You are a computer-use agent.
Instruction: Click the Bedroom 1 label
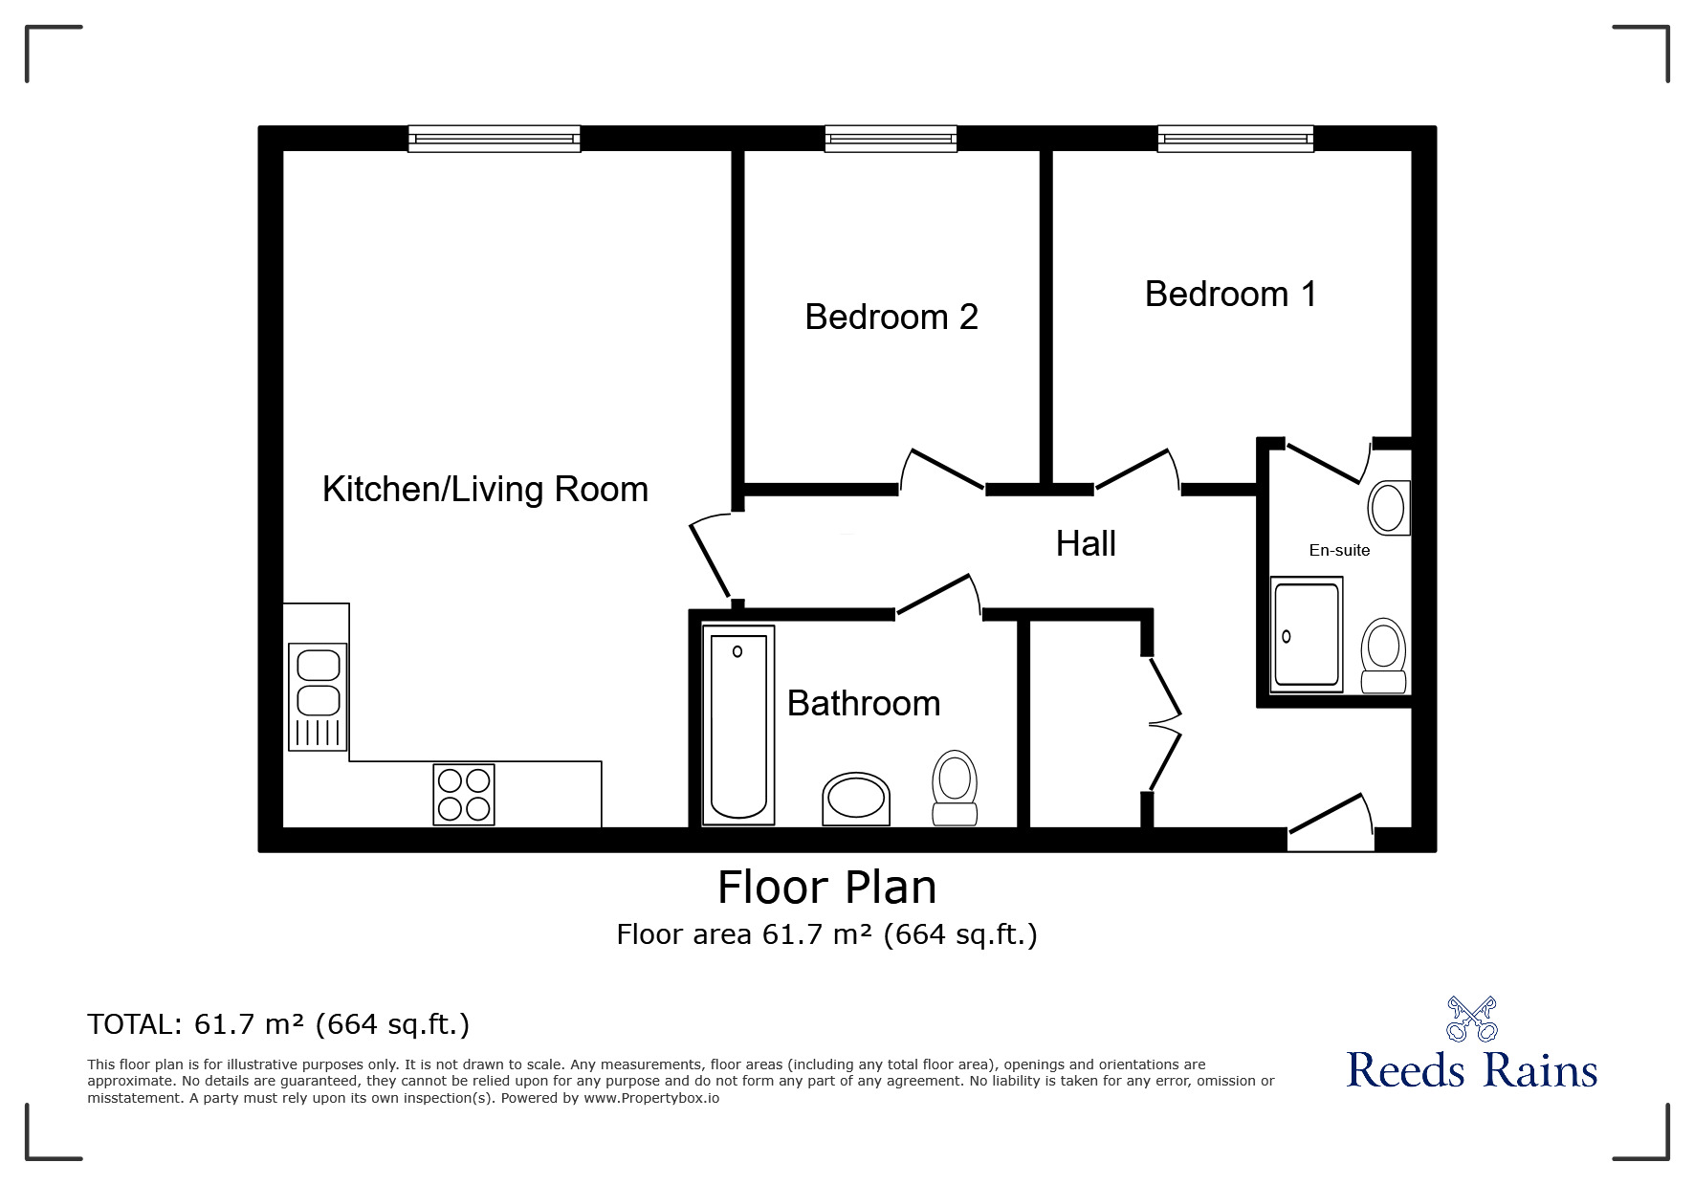coord(1230,294)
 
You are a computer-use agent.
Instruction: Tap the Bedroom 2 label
coord(891,317)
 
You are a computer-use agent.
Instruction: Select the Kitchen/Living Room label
coord(485,489)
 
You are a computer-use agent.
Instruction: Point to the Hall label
coord(1086,543)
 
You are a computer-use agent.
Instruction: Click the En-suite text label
coord(1339,550)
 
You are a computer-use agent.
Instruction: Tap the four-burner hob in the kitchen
coord(464,794)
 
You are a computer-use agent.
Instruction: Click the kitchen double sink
coord(318,696)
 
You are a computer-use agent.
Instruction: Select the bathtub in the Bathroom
coord(738,725)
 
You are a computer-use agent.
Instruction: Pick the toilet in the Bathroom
coord(955,787)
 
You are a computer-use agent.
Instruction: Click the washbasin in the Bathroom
coord(856,799)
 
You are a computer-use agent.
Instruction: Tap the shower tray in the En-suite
coord(1307,634)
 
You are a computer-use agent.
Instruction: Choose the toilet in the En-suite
coord(1383,655)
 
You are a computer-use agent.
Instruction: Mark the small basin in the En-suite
coord(1389,507)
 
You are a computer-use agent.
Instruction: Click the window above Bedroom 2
coord(891,139)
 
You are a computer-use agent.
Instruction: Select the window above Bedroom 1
coord(1235,139)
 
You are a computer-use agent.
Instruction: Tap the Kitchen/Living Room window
coord(494,139)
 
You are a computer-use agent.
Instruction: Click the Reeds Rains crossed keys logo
coord(1471,1019)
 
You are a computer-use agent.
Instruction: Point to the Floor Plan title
coord(827,888)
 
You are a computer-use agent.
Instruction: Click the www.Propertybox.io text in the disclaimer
coord(651,1098)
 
